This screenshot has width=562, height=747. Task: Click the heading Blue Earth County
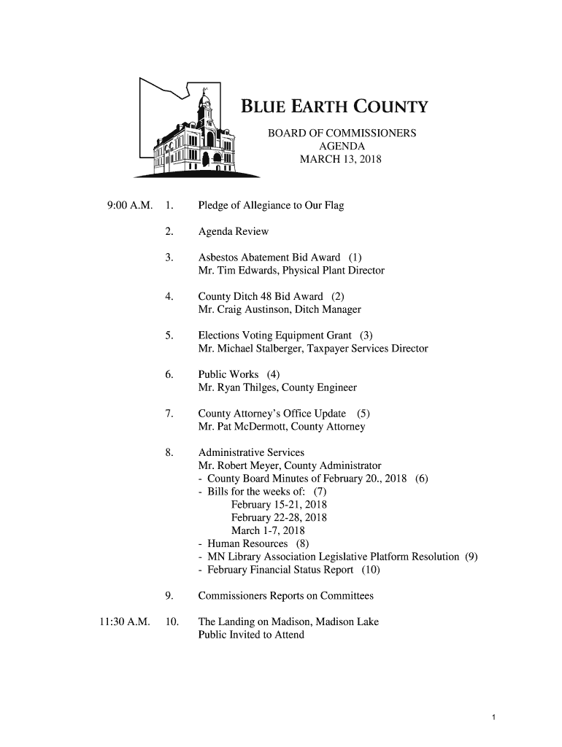[x=334, y=109]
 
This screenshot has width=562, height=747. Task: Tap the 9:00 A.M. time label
[x=128, y=205]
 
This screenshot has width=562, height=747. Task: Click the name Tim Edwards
[x=245, y=271]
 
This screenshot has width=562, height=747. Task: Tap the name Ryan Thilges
[x=245, y=388]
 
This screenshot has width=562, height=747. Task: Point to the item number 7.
[x=169, y=414]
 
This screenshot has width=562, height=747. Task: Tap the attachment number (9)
[x=471, y=557]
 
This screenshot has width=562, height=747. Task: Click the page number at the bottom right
[x=494, y=718]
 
